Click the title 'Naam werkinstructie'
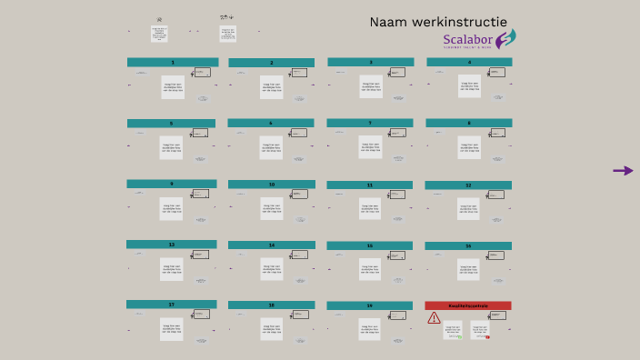[438, 22]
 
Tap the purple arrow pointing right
[623, 170]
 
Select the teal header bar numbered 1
[172, 63]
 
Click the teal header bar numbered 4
[469, 63]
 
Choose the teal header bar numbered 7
[370, 123]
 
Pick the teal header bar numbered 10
[271, 185]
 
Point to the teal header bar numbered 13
[172, 245]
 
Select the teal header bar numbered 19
[370, 305]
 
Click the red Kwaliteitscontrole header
[468, 305]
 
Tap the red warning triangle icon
[434, 318]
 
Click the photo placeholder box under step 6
[272, 147]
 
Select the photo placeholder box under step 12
[468, 208]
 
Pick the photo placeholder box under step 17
[172, 328]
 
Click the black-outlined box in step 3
[398, 72]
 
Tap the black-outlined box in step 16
[496, 255]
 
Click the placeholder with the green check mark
[453, 330]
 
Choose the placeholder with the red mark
[479, 330]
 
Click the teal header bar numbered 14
[271, 245]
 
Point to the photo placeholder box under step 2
[272, 86]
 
